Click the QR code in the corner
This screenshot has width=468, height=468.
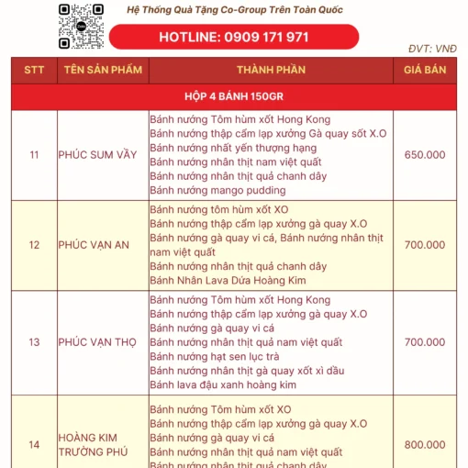tap(80, 25)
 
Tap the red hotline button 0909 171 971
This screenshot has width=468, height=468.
tap(234, 38)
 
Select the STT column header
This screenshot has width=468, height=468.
tap(34, 70)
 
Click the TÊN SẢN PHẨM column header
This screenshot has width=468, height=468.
tap(102, 70)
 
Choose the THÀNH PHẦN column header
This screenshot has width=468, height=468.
tap(271, 70)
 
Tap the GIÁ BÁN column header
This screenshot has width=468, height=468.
tap(425, 70)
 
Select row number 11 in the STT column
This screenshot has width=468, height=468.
tap(34, 155)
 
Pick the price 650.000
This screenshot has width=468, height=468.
tap(425, 155)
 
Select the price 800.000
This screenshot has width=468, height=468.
tap(425, 444)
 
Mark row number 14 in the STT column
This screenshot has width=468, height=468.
tap(34, 444)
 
